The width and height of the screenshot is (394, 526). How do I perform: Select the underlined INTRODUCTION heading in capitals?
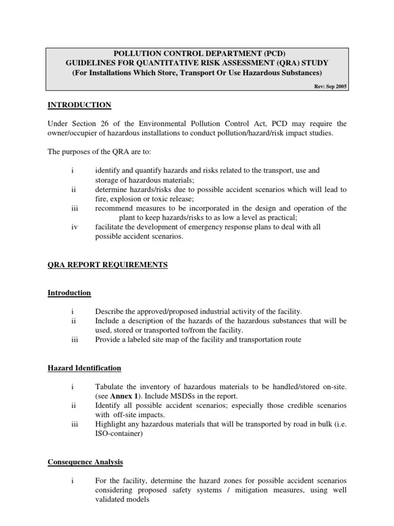[80, 105]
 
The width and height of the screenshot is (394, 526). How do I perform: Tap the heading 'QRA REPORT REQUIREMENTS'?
[108, 265]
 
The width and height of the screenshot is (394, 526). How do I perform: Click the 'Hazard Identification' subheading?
[85, 368]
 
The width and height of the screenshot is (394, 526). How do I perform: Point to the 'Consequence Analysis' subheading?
[85, 462]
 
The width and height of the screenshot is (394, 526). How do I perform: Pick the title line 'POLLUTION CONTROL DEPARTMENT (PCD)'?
[198, 53]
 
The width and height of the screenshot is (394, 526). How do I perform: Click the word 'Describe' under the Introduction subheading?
[110, 311]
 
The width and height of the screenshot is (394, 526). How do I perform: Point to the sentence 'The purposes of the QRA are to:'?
[101, 152]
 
